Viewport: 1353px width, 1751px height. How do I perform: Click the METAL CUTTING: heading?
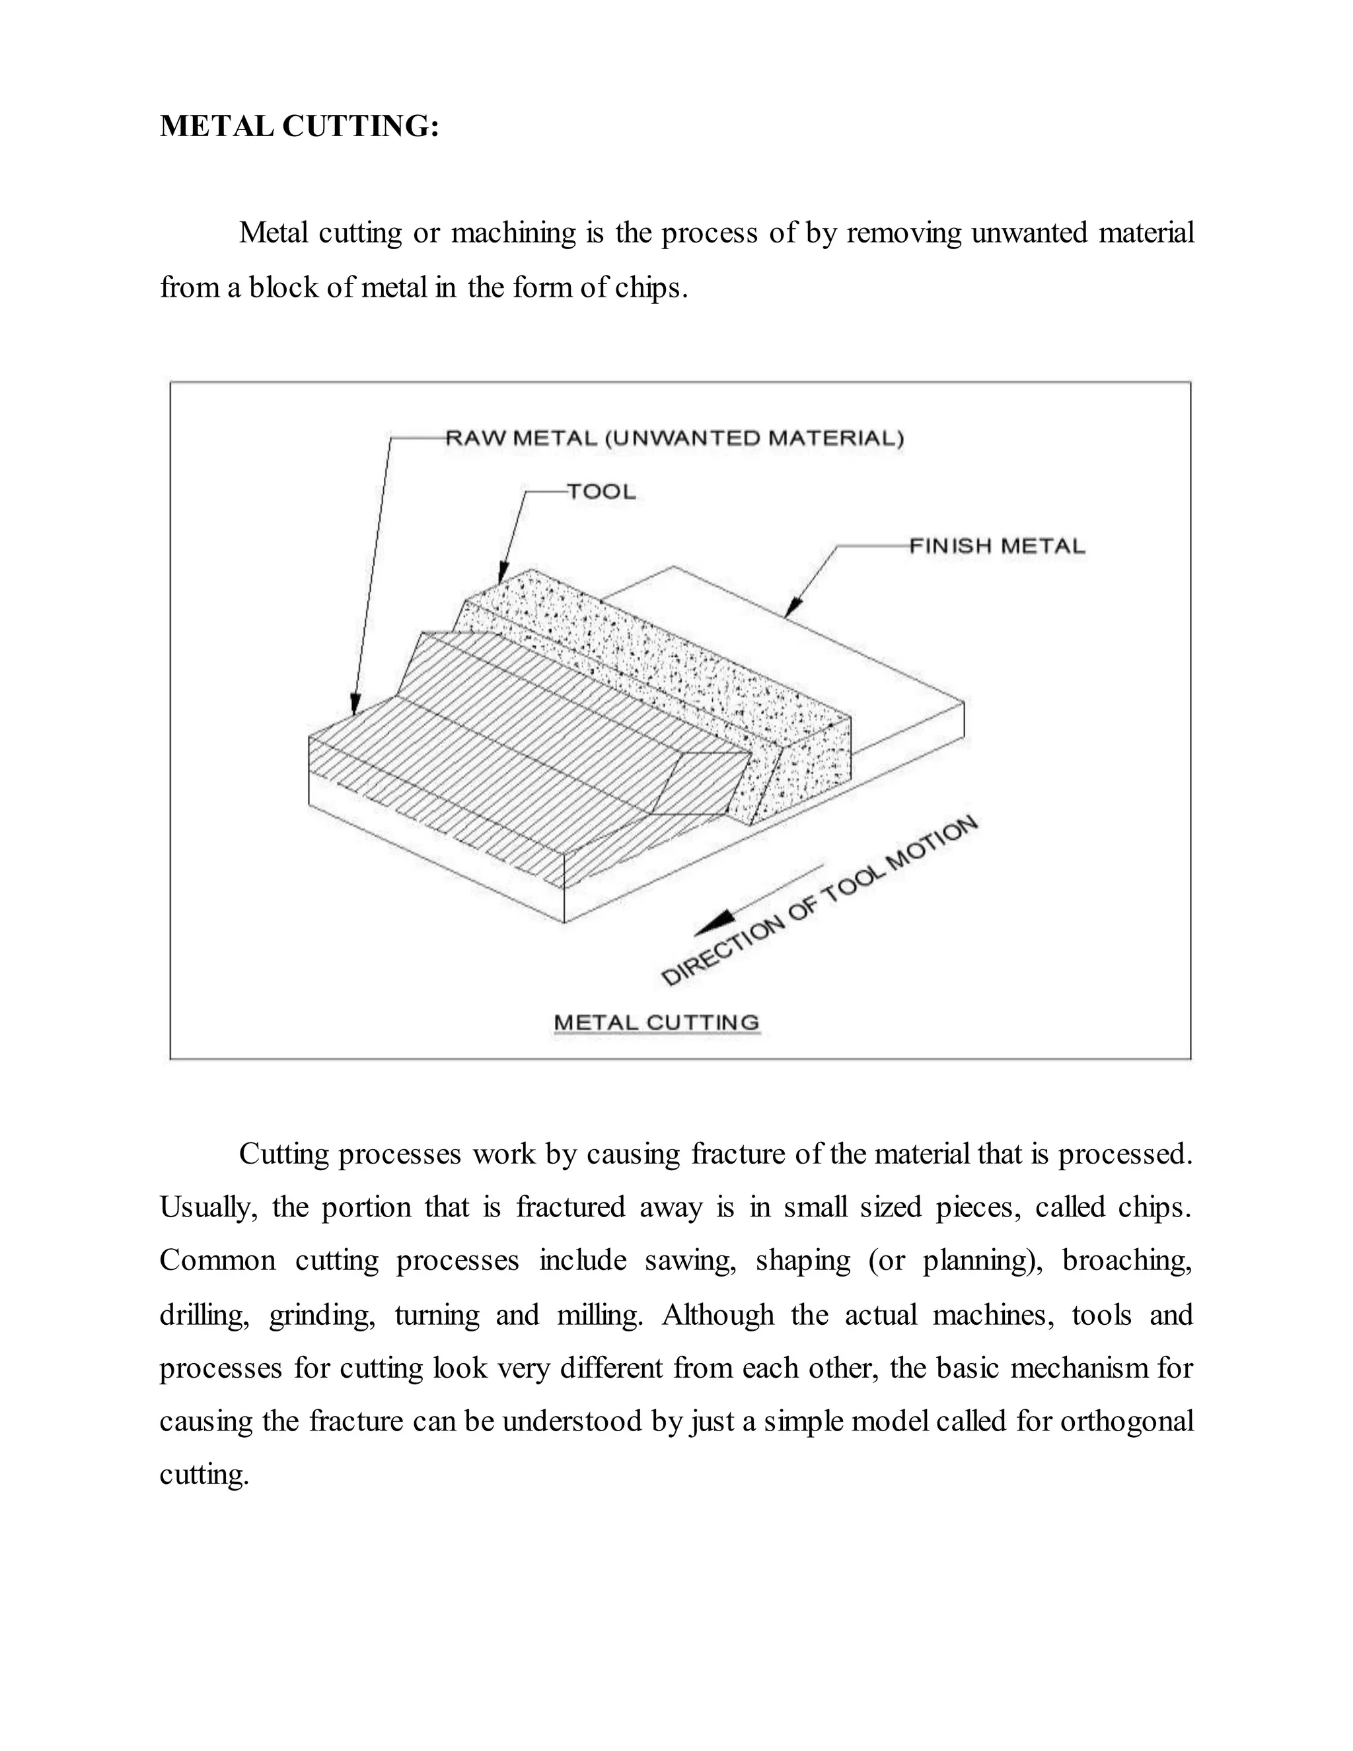(299, 127)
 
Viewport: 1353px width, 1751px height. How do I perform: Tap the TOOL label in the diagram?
(601, 492)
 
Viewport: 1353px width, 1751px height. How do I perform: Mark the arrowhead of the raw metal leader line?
(354, 705)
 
